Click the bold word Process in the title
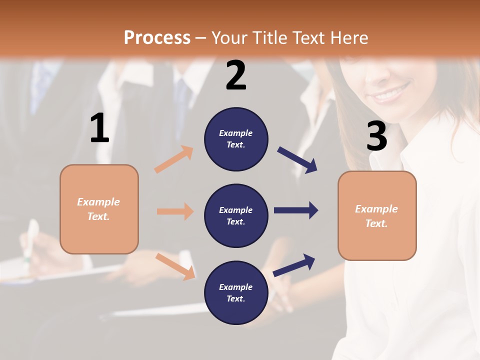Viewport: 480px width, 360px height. click(x=157, y=37)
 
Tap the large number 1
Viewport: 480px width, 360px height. click(x=99, y=128)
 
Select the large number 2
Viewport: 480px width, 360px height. click(x=236, y=75)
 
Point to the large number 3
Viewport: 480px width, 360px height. click(x=376, y=136)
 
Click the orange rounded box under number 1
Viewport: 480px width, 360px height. click(x=99, y=209)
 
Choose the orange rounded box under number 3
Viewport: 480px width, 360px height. click(x=377, y=215)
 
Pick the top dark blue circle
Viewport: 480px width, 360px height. click(x=236, y=139)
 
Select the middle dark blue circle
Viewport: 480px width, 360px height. click(x=236, y=215)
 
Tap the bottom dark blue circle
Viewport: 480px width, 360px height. click(x=236, y=292)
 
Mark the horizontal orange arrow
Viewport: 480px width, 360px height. click(x=175, y=211)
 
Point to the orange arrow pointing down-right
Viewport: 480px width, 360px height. click(x=175, y=266)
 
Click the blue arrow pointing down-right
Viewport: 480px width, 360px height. click(x=297, y=160)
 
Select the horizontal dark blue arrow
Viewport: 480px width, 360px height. click(x=296, y=210)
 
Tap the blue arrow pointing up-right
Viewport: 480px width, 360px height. click(x=294, y=265)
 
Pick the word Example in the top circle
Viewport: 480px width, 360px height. click(x=236, y=133)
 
